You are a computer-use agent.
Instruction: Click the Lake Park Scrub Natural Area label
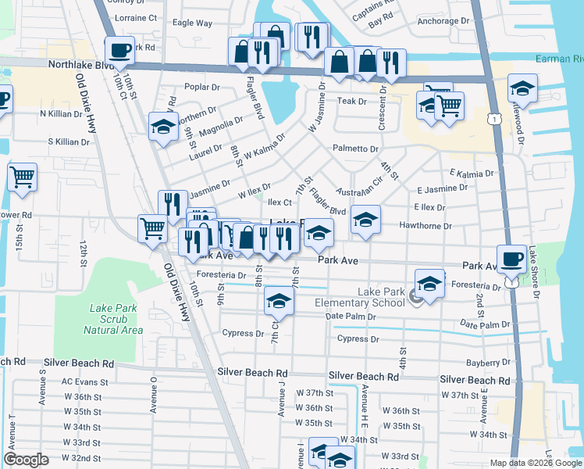(112, 319)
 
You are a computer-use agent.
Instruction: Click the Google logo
(27, 460)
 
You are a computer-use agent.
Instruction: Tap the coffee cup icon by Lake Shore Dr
(512, 260)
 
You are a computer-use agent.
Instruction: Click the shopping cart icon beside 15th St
(23, 177)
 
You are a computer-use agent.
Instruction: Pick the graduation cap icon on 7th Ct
(280, 300)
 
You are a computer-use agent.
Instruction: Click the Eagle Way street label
(192, 23)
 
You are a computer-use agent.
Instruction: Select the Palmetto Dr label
(355, 149)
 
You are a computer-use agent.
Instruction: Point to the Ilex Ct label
(280, 202)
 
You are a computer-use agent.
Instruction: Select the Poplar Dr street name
(203, 87)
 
